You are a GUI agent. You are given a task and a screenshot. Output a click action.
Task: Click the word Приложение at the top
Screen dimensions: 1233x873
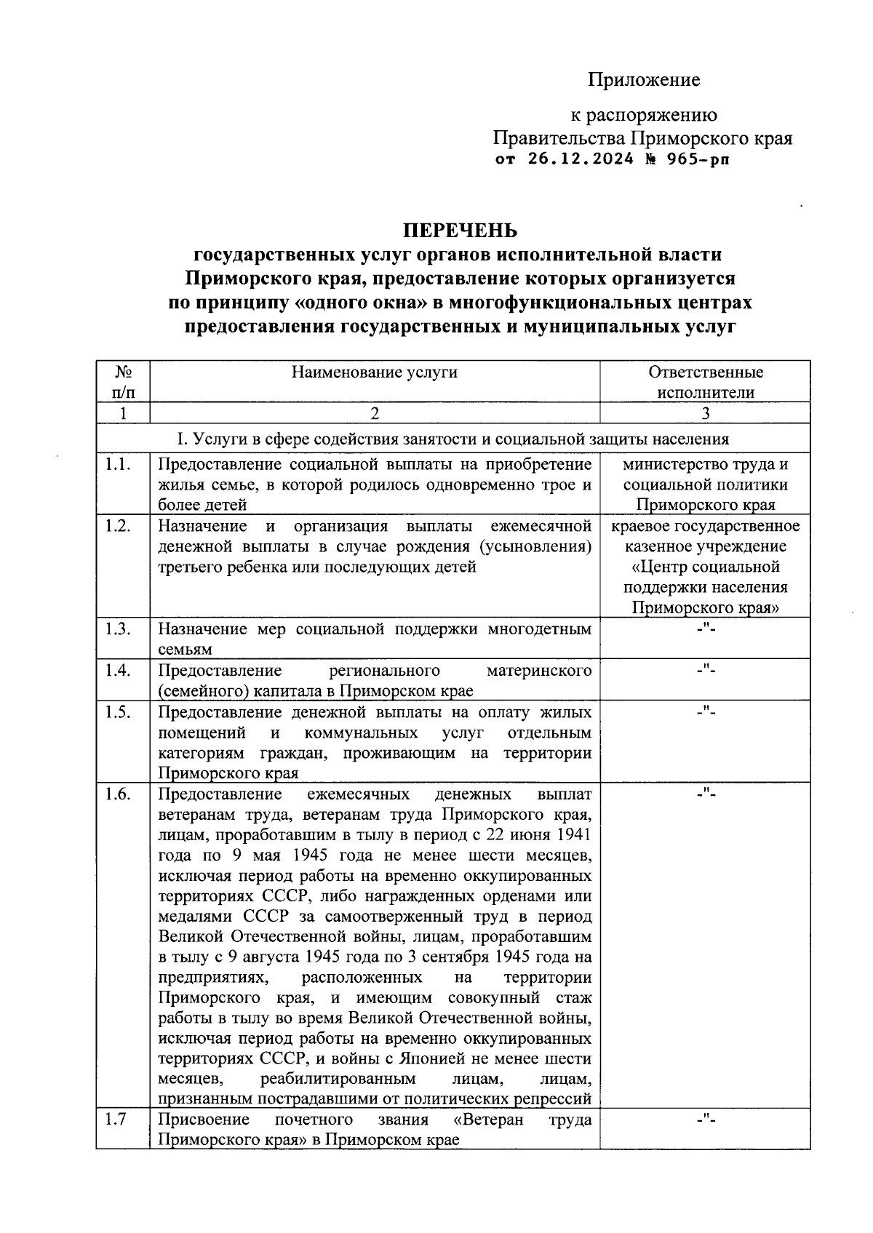(644, 80)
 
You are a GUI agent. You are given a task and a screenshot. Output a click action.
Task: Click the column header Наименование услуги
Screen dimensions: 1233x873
(374, 372)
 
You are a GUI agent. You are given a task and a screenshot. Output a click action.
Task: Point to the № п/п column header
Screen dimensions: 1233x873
(123, 382)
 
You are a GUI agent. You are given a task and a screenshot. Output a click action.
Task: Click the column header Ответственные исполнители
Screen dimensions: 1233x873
(705, 382)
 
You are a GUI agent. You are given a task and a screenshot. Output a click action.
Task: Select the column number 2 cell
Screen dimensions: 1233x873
(374, 413)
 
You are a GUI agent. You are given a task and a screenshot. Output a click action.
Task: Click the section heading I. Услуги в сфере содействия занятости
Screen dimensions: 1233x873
(453, 439)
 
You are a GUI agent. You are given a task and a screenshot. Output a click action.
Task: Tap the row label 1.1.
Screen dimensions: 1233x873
(117, 464)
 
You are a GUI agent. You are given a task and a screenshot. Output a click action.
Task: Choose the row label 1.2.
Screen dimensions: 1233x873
(117, 526)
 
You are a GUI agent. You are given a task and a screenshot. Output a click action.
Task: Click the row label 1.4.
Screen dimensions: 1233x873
(117, 670)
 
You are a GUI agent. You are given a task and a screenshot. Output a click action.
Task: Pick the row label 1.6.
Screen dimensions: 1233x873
(117, 794)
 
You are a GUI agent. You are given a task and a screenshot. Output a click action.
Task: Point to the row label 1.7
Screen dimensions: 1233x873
(116, 1119)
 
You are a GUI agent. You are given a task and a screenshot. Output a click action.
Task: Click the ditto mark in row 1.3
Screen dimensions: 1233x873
(705, 629)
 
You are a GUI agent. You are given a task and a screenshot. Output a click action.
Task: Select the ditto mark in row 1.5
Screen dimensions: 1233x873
(705, 712)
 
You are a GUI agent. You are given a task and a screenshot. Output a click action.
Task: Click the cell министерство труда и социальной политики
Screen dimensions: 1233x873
(705, 484)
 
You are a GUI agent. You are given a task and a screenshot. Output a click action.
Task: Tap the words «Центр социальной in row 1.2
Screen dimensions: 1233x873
(705, 567)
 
